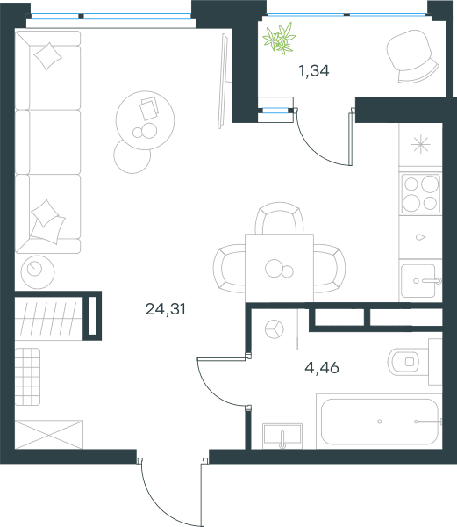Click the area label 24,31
pos(165,309)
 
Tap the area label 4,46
pos(322,368)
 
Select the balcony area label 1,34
pos(314,71)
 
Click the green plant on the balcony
pos(280,39)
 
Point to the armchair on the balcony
pos(412,56)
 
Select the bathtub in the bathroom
pos(379,422)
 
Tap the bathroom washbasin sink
pos(282,436)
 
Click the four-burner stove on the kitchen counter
pos(420,193)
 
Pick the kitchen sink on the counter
pos(421,281)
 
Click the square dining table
pos(279,268)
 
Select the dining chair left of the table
pos(229,268)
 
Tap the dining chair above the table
pos(279,218)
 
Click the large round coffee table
pos(145,120)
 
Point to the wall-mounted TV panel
pos(223,81)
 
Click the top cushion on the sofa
pos(48,56)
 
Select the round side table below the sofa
pos(38,272)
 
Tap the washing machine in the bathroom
pos(275,329)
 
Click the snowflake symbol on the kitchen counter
pos(420,145)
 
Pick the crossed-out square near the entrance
pos(49,434)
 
